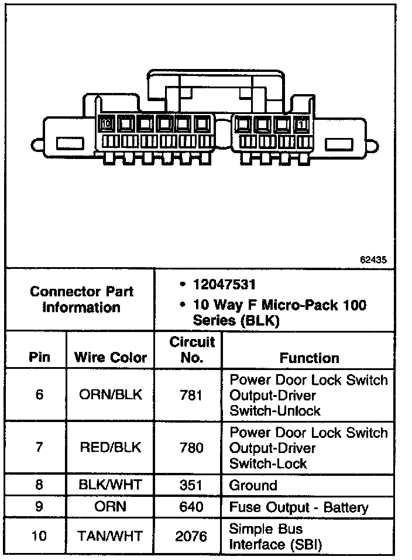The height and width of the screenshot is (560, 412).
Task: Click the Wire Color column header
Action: (111, 357)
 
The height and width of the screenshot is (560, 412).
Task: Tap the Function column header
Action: (308, 357)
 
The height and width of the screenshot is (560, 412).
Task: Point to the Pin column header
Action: (39, 357)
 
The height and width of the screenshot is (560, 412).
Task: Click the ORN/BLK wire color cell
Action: (110, 395)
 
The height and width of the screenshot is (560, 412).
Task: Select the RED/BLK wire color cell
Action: (110, 448)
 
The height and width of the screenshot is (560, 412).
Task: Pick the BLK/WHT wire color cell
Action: (110, 485)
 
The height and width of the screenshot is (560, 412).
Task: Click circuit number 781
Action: (191, 395)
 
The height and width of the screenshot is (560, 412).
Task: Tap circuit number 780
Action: (191, 448)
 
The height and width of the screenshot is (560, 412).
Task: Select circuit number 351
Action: (191, 485)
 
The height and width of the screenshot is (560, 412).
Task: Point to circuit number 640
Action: (191, 506)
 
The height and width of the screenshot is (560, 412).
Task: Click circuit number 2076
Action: (191, 535)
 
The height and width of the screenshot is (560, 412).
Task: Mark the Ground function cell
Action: (253, 485)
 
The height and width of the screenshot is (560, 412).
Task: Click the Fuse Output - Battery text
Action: (298, 507)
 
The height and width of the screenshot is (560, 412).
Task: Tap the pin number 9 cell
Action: (39, 506)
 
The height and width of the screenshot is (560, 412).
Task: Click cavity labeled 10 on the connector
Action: (106, 124)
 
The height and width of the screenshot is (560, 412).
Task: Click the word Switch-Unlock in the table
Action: (275, 410)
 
